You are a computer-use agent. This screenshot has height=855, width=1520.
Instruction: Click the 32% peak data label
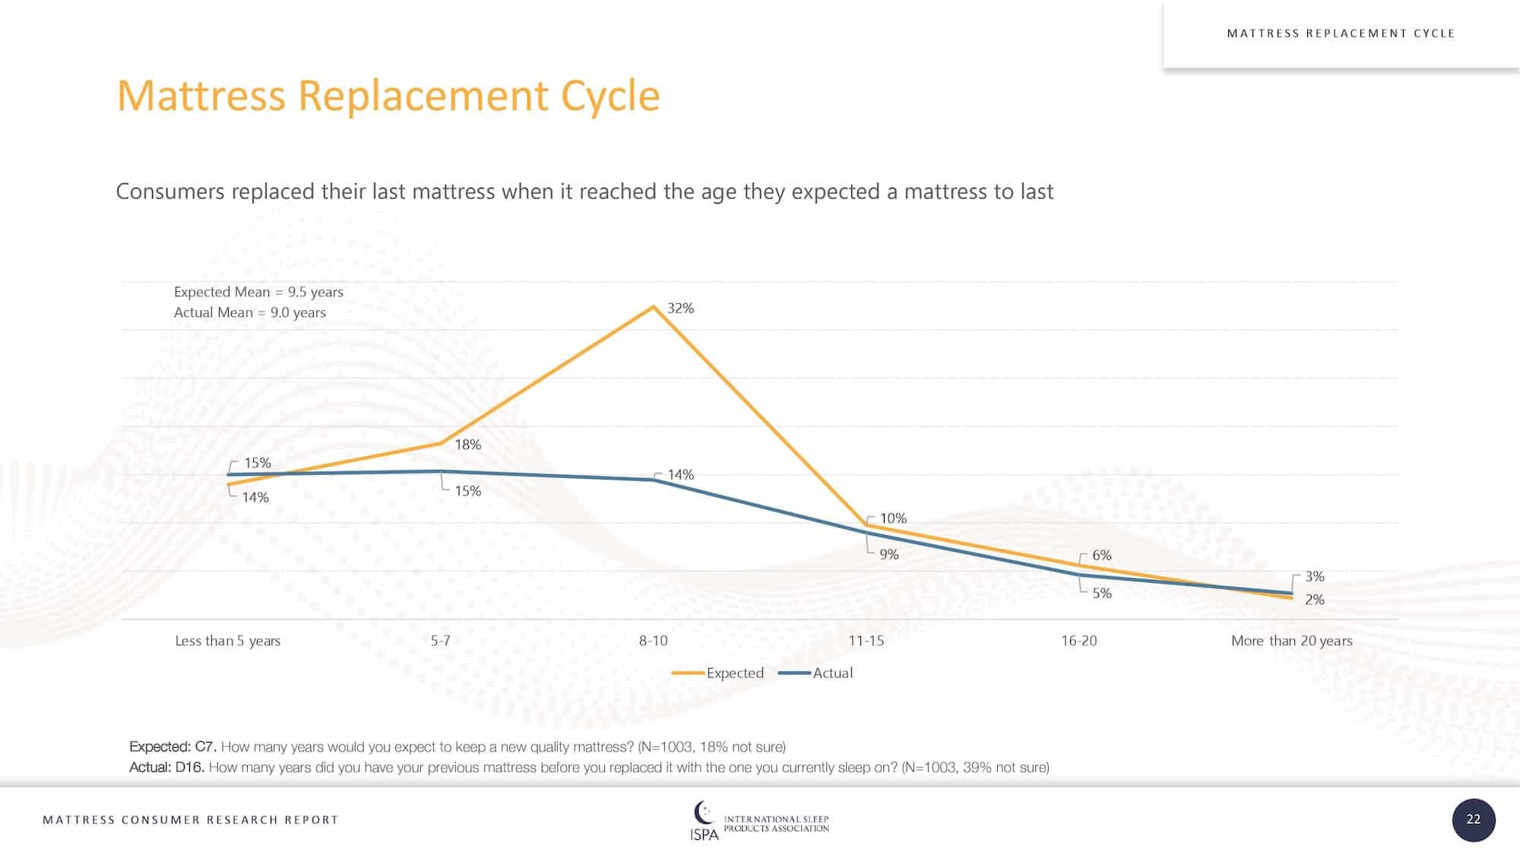pos(680,309)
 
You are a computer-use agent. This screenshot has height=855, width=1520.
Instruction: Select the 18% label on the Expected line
pos(467,445)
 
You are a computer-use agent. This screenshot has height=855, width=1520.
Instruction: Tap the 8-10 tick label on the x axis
pos(653,641)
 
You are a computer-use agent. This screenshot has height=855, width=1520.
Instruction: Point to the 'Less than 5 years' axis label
pos(227,641)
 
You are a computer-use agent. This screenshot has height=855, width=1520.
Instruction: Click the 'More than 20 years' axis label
pos(1291,641)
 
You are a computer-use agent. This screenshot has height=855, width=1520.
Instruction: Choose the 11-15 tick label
pos(866,641)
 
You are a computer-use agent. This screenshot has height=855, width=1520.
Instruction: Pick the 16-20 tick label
pos(1078,641)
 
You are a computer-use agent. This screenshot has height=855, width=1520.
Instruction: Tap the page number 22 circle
pos(1473,819)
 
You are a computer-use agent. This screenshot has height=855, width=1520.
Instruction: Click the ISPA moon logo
pos(704,813)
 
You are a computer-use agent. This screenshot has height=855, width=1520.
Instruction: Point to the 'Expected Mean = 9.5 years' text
pos(258,292)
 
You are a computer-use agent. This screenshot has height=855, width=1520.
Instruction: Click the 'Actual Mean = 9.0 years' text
pos(249,312)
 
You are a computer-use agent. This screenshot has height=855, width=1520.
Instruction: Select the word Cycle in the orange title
pos(610,96)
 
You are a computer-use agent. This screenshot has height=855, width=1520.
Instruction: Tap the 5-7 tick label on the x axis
pos(440,641)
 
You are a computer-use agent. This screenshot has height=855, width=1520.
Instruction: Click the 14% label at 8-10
pos(680,475)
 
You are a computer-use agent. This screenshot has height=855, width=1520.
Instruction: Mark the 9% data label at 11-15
pos(888,555)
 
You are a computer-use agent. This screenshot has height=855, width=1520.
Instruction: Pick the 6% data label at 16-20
pos(1101,556)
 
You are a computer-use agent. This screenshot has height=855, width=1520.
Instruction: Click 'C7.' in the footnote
pos(206,747)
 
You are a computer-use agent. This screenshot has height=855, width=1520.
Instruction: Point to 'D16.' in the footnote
pos(190,768)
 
